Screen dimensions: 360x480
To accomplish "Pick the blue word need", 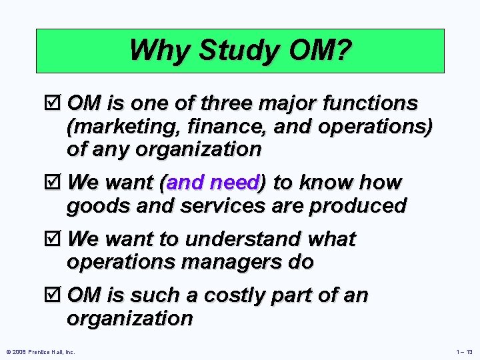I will click(234, 183).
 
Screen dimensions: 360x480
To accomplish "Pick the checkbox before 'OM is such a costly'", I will click(58, 295).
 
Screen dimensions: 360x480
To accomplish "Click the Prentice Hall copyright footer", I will click(40, 351).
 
